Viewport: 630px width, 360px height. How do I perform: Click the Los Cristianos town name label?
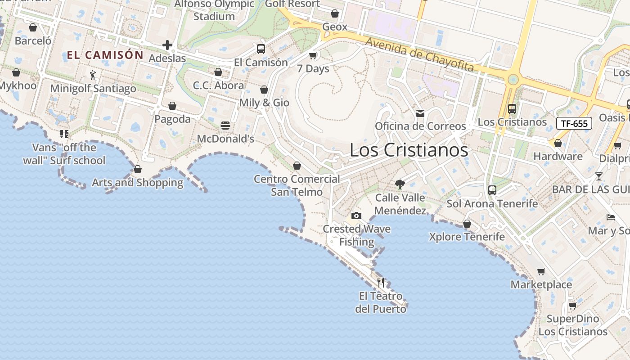pyautogui.click(x=409, y=150)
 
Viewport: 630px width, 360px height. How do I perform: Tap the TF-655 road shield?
pyautogui.click(x=574, y=123)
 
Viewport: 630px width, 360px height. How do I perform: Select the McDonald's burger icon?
pyautogui.click(x=225, y=125)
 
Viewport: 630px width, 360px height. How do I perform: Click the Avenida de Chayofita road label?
pyautogui.click(x=419, y=54)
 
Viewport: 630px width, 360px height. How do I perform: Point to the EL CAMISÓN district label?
pyautogui.click(x=105, y=55)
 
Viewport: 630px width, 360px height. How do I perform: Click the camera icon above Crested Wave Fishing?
pyautogui.click(x=356, y=216)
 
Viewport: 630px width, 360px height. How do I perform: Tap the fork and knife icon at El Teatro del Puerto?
pyautogui.click(x=381, y=283)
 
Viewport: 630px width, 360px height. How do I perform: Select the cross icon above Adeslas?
pyautogui.click(x=167, y=45)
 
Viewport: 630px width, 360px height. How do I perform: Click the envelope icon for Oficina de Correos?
pyautogui.click(x=420, y=113)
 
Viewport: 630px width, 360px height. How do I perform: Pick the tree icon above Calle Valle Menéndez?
pyautogui.click(x=400, y=184)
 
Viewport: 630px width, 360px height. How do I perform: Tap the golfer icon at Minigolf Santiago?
pyautogui.click(x=93, y=75)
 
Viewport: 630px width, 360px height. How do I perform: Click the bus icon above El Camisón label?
pyautogui.click(x=261, y=49)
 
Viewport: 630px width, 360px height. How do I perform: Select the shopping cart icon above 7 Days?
pyautogui.click(x=313, y=56)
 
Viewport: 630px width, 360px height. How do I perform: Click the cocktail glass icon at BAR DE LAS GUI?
pyautogui.click(x=599, y=176)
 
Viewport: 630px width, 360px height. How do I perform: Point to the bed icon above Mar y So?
pyautogui.click(x=611, y=217)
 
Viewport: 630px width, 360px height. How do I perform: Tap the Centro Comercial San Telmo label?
pyautogui.click(x=297, y=185)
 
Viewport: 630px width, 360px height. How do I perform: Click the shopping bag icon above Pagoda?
pyautogui.click(x=172, y=106)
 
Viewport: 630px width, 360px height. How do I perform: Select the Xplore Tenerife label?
pyautogui.click(x=467, y=237)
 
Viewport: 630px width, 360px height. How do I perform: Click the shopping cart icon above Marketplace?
pyautogui.click(x=541, y=271)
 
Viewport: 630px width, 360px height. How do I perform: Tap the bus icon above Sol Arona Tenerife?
pyautogui.click(x=492, y=190)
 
